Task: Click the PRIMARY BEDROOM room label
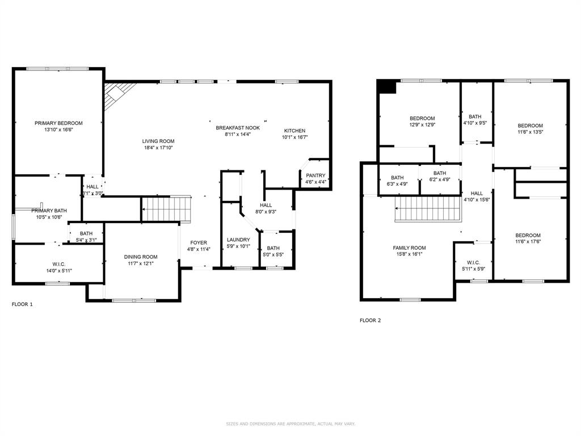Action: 58,123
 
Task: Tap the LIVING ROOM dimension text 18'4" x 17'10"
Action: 158,148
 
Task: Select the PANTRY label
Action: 315,175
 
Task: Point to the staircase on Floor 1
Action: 166,208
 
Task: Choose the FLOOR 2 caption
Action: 370,320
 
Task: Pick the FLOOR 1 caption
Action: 22,304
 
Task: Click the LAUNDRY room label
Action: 238,240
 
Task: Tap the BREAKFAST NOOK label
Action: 238,128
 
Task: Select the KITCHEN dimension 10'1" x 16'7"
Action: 294,137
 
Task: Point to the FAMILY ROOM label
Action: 409,248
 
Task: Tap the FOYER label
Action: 199,242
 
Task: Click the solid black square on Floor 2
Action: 387,86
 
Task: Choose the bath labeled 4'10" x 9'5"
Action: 475,119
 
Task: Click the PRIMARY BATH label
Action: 49,210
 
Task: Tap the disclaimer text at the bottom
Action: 290,424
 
